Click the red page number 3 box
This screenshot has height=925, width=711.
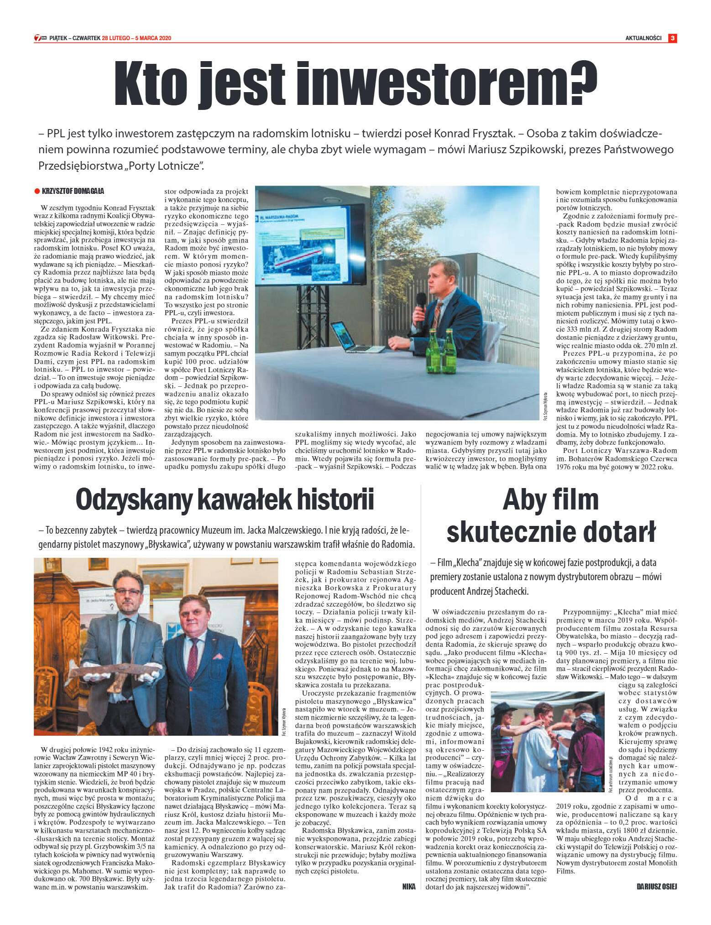coord(672,38)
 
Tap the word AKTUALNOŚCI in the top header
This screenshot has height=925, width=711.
coord(643,38)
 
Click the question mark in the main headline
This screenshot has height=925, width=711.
coord(583,82)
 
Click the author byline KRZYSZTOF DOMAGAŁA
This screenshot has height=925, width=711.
coord(73,191)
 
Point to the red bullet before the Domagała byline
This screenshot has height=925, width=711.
coord(37,191)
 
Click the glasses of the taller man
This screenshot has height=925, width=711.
coord(128,592)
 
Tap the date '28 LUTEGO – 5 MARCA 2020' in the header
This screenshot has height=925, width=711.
coord(136,38)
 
